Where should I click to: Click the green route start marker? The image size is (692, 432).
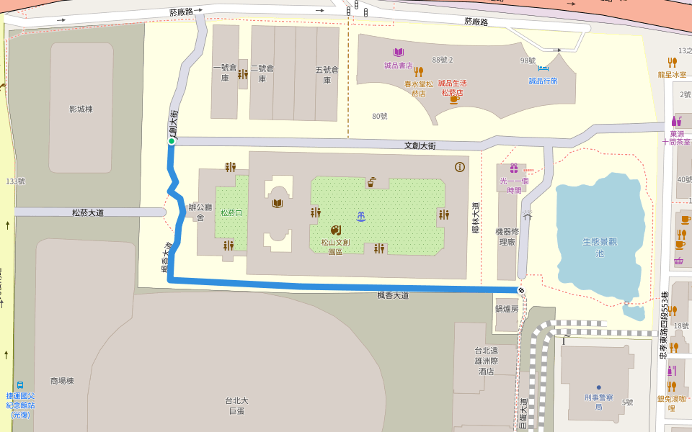coord(172,141)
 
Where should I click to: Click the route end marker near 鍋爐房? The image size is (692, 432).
coord(521,290)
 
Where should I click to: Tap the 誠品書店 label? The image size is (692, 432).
coord(398,66)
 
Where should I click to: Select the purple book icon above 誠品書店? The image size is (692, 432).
coord(398,52)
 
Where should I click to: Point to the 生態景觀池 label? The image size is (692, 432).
coord(600,247)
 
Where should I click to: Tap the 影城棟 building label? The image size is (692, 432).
coord(81,109)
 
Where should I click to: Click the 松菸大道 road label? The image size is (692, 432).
coord(88,212)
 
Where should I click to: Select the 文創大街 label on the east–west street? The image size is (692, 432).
coord(420,146)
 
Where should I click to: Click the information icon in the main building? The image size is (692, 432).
coord(460,166)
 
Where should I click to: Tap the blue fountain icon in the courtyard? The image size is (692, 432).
coord(360,215)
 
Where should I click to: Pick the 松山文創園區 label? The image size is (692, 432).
coord(335,247)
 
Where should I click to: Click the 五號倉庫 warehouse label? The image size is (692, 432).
coord(327,74)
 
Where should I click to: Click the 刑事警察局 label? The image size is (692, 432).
coord(598,402)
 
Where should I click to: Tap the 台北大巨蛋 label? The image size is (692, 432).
coord(236,405)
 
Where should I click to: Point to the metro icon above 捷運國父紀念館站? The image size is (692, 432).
coord(20,384)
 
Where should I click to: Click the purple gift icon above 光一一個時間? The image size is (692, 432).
coord(514,168)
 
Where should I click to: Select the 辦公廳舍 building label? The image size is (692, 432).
coord(200,212)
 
